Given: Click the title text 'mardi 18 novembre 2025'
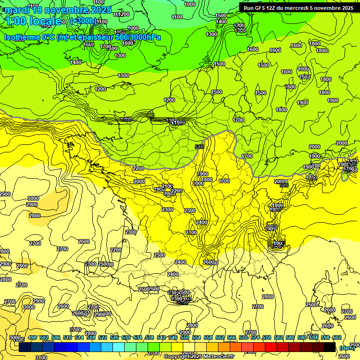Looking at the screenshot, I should tap(58, 10).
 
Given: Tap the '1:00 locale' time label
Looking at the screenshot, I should tap(33, 21).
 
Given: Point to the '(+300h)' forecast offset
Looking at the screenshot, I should tap(83, 21).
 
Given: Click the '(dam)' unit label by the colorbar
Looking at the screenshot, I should tap(346, 348).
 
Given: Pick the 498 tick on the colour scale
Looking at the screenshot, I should tap(32, 337).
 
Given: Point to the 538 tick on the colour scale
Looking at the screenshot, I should tap(150, 337).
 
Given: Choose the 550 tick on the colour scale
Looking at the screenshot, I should tap(185, 337).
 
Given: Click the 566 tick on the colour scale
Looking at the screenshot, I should tap(232, 337).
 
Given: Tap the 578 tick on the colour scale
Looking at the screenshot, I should tap(267, 337).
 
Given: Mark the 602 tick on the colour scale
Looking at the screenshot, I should tap(337, 337).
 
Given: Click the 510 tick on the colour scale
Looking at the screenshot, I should tap(67, 337).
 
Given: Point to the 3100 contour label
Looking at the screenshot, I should tap(41, 357).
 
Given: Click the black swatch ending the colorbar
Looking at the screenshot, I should tap(330, 347).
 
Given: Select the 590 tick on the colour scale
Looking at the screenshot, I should tap(302, 337).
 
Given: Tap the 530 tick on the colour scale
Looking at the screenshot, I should tap(126, 337).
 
